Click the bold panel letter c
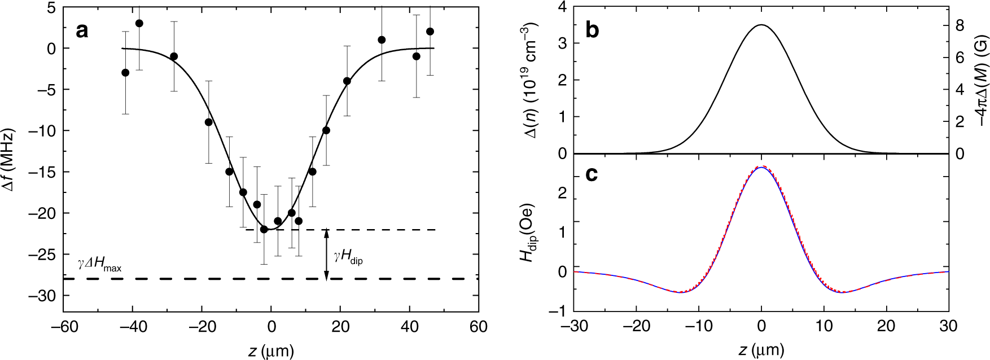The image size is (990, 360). coord(592,175)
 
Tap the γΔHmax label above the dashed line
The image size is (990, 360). coord(100,265)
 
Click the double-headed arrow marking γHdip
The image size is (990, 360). coord(326,254)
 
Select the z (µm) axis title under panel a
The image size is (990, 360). coord(270,351)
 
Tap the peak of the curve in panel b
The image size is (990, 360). coord(761,25)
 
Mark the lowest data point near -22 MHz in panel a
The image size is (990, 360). coord(264,229)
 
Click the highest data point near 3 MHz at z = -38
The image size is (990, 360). coord(139,23)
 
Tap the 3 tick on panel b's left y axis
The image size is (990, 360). coord(562,43)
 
